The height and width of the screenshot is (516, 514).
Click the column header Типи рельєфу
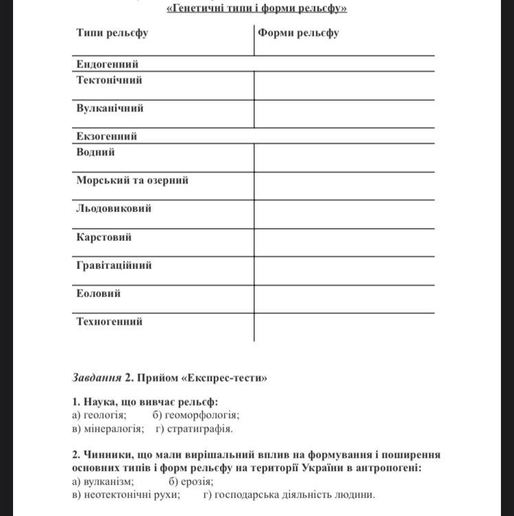(113, 32)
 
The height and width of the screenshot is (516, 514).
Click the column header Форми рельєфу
(298, 32)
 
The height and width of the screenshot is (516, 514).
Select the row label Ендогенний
(107, 64)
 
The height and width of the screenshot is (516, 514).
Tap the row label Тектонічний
(109, 80)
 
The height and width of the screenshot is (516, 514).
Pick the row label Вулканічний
(110, 108)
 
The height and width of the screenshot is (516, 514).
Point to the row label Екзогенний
(107, 136)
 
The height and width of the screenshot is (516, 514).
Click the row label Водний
(96, 152)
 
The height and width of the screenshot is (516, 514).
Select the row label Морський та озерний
(133, 180)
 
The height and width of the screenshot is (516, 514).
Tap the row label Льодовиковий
(114, 208)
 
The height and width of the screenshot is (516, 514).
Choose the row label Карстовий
(104, 237)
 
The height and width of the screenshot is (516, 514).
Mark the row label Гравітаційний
(114, 265)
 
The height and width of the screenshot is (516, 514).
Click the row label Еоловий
(98, 293)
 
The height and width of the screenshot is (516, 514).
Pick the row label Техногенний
(110, 321)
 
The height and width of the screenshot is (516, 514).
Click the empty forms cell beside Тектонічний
(344, 85)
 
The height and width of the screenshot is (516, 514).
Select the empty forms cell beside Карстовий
(344, 242)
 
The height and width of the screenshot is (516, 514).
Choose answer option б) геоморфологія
(196, 415)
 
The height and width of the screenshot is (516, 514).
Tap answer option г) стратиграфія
(194, 428)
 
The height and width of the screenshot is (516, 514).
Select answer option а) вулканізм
(103, 482)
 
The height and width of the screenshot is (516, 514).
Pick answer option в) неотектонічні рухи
(126, 494)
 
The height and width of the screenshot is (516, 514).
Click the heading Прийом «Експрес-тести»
(202, 378)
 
